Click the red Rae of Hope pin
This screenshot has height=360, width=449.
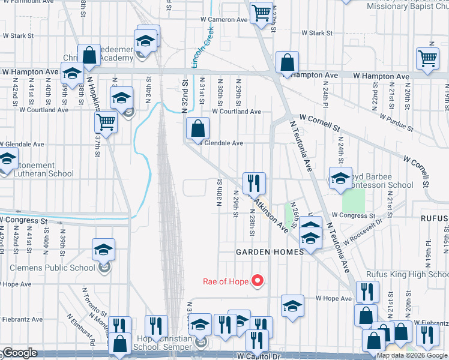click(258, 280)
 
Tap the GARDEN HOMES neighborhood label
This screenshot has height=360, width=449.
click(270, 252)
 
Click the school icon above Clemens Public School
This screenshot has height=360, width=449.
click(103, 250)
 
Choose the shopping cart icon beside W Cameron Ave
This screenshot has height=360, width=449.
click(261, 12)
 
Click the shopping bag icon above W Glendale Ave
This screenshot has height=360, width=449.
click(197, 128)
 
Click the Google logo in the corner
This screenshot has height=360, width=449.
click(19, 353)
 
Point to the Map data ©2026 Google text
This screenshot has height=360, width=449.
click(411, 355)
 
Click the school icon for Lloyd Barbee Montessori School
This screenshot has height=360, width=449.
click(340, 178)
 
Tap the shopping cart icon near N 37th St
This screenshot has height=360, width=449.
click(106, 122)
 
